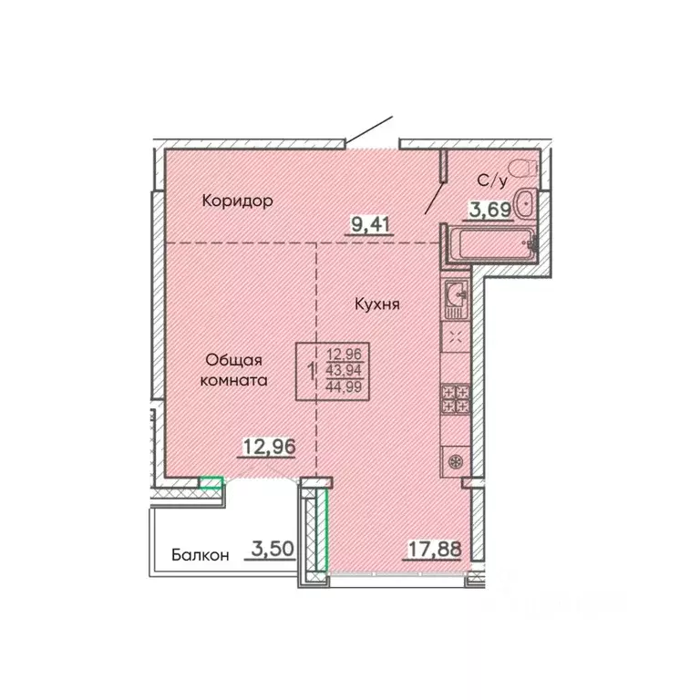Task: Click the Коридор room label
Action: coord(238,201)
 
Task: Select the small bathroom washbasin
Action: coord(526,204)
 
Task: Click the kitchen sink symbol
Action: coord(457,293)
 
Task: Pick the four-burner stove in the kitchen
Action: coord(456,399)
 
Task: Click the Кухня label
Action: coord(378,304)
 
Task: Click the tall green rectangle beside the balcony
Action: coord(321,529)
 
